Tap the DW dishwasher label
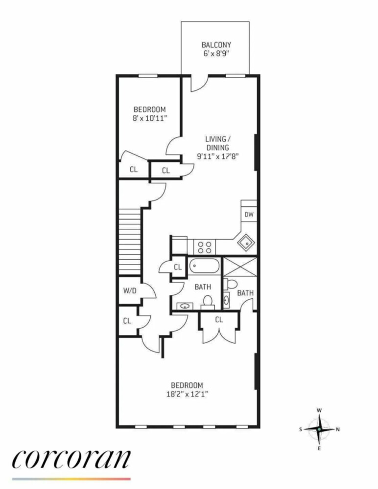[x=249, y=214]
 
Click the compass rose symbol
[x=319, y=429]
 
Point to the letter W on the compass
[x=319, y=410]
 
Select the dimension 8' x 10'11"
[x=150, y=118]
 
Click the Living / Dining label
[x=217, y=143]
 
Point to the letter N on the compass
[x=338, y=429]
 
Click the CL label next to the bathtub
[x=177, y=267]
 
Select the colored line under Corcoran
[x=71, y=479]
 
